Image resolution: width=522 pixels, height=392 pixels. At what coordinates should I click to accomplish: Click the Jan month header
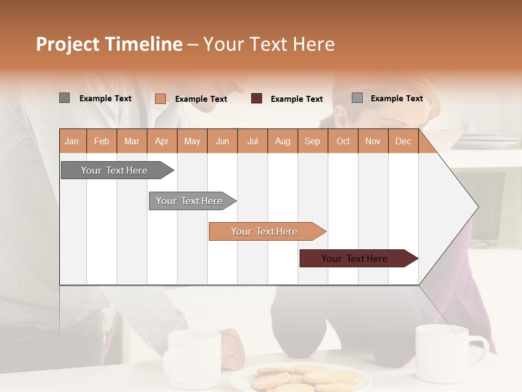(72, 142)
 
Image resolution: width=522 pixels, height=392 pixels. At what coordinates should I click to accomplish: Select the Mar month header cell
(132, 142)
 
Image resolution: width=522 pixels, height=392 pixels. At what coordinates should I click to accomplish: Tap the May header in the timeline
(192, 142)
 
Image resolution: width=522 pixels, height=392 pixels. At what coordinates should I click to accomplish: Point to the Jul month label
(252, 142)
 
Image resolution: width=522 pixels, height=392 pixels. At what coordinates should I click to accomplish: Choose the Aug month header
(282, 142)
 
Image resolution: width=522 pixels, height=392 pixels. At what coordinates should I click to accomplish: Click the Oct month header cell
(343, 142)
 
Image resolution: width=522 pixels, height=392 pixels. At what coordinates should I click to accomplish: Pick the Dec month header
(403, 142)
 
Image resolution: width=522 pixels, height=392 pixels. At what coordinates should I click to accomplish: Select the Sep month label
(312, 142)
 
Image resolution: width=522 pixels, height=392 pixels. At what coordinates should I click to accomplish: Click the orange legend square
(160, 99)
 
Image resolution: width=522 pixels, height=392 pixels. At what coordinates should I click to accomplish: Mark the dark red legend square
(257, 99)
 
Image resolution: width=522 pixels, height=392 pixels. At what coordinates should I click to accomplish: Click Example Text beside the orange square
(201, 99)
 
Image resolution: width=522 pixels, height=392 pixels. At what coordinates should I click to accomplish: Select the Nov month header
(372, 142)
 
